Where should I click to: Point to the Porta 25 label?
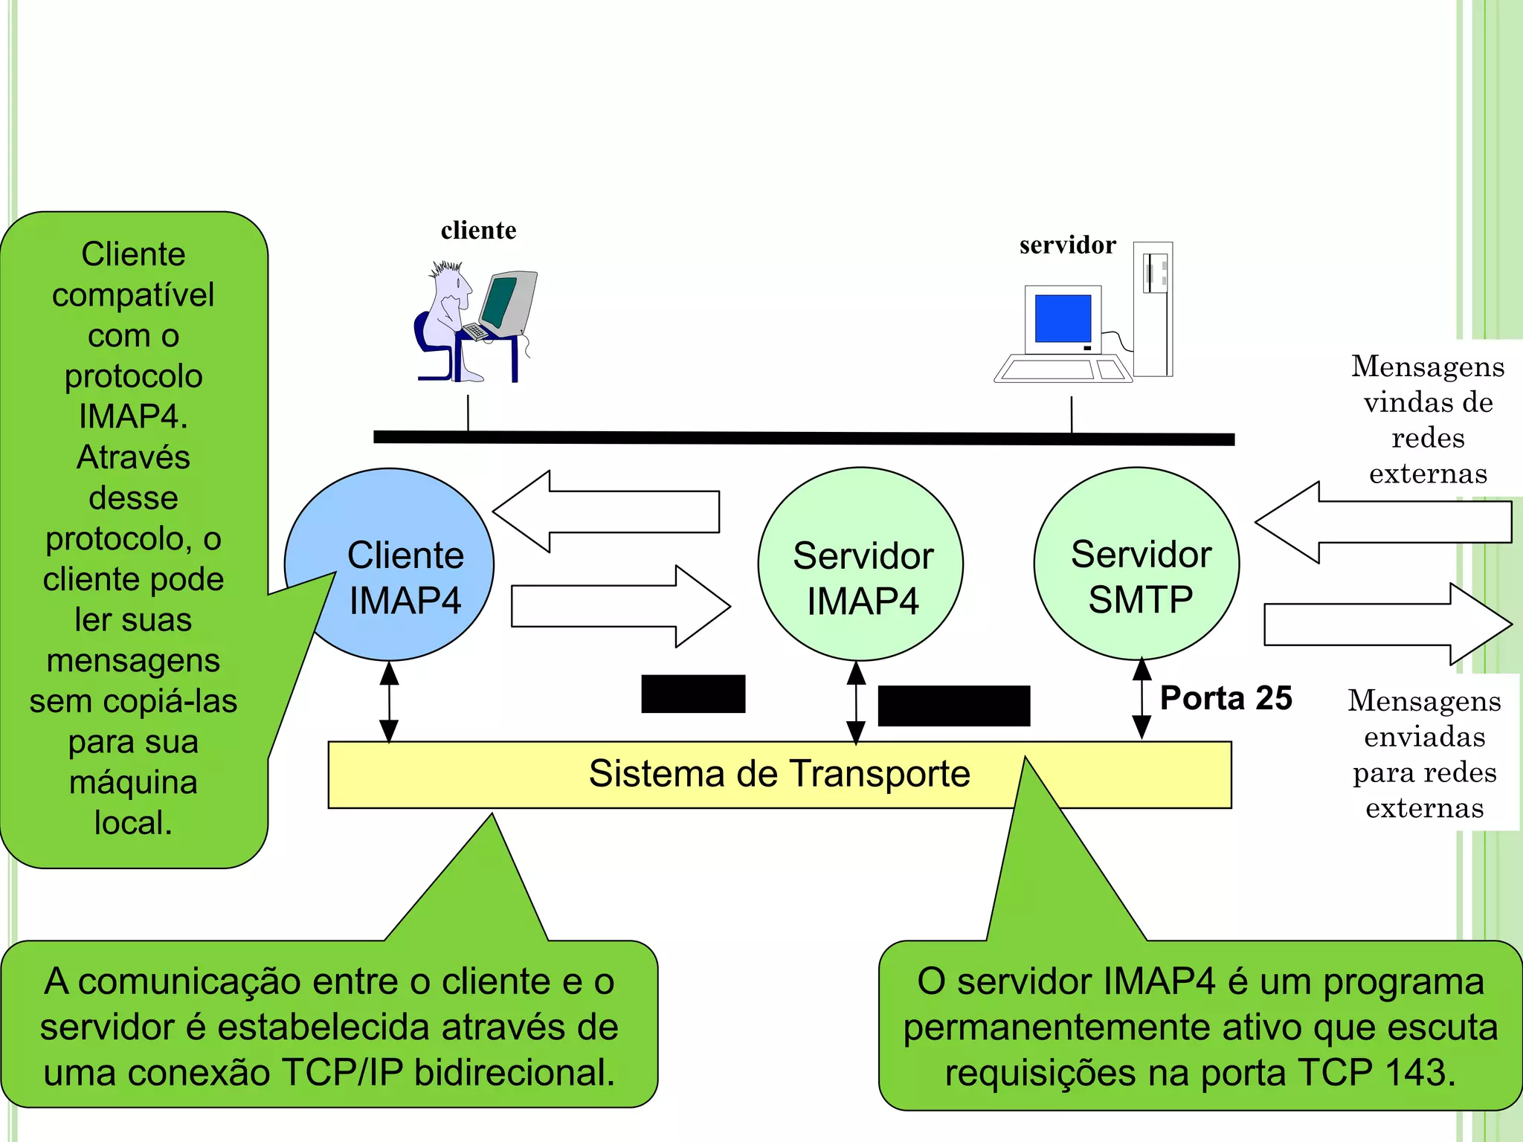tap(1226, 698)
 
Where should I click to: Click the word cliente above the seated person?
tap(478, 230)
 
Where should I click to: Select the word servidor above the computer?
tap(1067, 245)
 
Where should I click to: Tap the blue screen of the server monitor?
tap(1063, 318)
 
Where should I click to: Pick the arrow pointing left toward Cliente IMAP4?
tap(606, 512)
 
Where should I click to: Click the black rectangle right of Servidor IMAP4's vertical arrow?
tap(954, 706)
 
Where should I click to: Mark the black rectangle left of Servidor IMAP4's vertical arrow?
tap(693, 694)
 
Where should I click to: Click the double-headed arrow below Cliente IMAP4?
tap(389, 702)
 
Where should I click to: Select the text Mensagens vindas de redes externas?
tap(1428, 419)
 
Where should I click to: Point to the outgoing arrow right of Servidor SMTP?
tap(1387, 624)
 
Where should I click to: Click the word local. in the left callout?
tap(133, 822)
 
